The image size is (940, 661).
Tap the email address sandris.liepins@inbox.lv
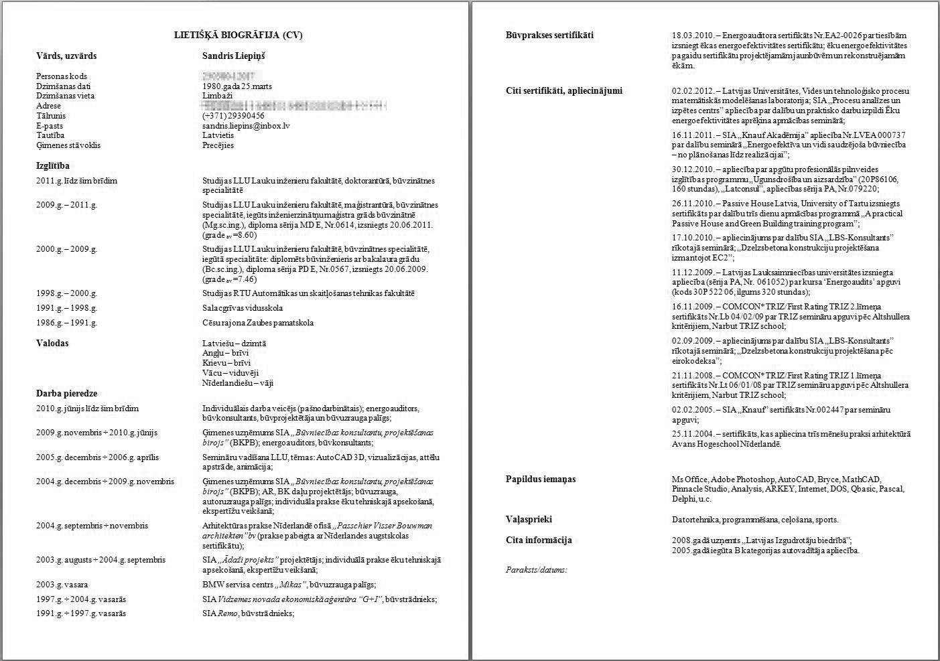[246, 125]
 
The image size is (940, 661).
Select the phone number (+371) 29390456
[233, 116]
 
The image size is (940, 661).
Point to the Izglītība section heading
[53, 165]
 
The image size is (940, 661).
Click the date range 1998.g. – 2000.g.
[66, 293]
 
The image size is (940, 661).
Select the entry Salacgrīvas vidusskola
[243, 308]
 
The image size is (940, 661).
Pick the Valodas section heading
[52, 344]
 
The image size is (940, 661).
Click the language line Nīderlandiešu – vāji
[238, 383]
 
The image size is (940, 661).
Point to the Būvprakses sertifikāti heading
[549, 35]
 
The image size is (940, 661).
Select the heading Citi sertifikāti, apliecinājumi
[563, 90]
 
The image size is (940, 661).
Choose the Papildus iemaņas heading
[540, 479]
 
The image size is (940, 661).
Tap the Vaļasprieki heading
[529, 519]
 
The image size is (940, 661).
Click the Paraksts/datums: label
[536, 570]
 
